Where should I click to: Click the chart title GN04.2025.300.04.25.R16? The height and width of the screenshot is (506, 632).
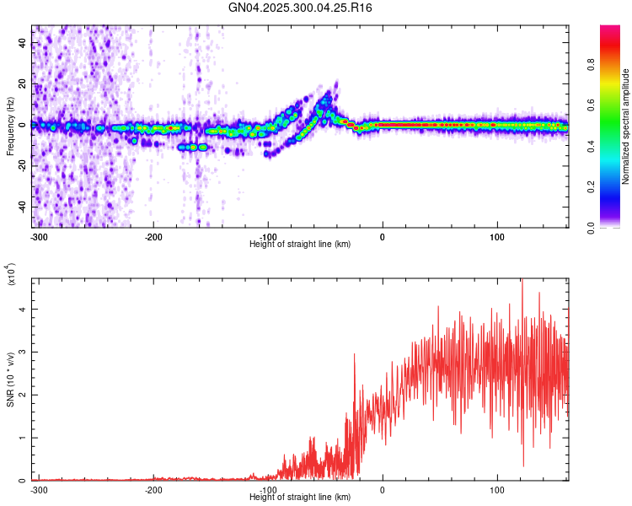pyautogui.click(x=301, y=8)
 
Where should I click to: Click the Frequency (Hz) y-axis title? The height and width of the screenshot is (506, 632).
pyautogui.click(x=10, y=126)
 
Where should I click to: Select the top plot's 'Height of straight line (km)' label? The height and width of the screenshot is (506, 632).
pyautogui.click(x=300, y=244)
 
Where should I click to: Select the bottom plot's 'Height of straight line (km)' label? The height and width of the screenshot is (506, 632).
pyautogui.click(x=300, y=497)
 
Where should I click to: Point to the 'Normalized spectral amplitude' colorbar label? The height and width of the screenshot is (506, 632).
pyautogui.click(x=626, y=126)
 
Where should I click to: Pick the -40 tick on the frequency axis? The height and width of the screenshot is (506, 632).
pyautogui.click(x=20, y=207)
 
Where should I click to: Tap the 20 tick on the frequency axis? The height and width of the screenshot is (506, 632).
pyautogui.click(x=22, y=84)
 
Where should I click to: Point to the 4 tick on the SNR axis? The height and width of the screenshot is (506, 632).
pyautogui.click(x=24, y=310)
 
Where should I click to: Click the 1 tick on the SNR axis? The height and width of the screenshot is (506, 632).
pyautogui.click(x=24, y=439)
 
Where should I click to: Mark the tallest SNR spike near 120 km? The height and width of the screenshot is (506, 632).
pyautogui.click(x=522, y=282)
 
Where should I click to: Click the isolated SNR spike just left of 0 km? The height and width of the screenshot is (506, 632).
pyautogui.click(x=354, y=355)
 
